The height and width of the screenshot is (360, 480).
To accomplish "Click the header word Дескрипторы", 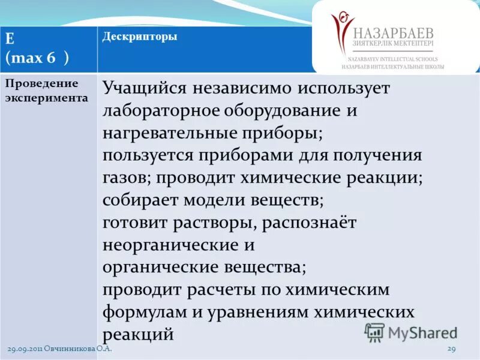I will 139,37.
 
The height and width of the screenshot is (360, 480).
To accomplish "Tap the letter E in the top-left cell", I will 10,39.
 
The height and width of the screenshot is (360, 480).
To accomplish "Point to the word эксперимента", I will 47,97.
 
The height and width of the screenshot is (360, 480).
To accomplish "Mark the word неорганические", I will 170,245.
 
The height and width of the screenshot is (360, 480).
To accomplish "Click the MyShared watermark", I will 411,332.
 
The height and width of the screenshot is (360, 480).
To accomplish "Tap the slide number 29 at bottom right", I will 452,349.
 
